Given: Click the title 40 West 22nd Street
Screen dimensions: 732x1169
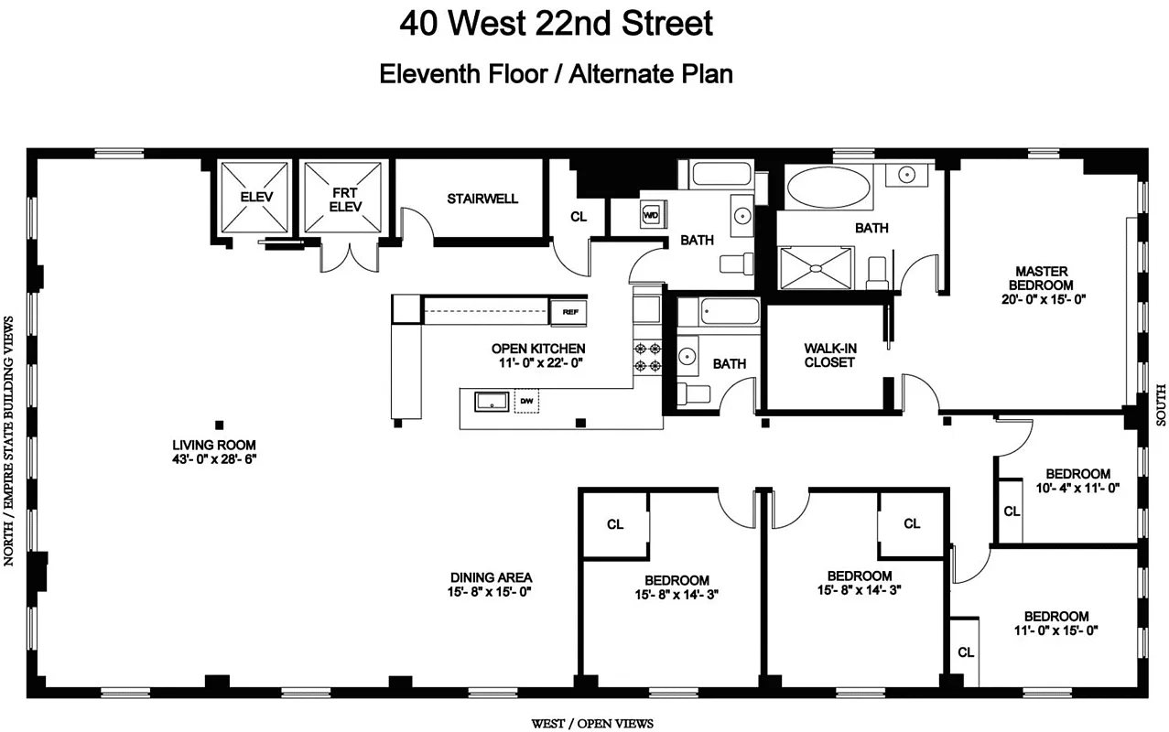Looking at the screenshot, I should click(x=556, y=24).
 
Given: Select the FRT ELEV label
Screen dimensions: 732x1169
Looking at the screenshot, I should click(x=345, y=199).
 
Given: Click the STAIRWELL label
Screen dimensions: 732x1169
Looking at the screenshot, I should click(x=482, y=199).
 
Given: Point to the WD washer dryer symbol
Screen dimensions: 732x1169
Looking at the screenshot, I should click(x=652, y=215).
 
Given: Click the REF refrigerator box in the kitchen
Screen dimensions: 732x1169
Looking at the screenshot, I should click(x=569, y=312).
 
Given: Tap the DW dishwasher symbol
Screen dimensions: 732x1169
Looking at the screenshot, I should click(x=526, y=401).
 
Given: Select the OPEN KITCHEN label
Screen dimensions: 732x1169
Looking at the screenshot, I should click(x=537, y=349).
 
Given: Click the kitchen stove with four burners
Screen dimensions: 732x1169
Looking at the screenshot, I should click(x=648, y=356).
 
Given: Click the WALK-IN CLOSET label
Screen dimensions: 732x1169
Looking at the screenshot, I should click(x=829, y=355).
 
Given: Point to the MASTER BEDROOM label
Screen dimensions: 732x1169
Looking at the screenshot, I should click(x=1041, y=278).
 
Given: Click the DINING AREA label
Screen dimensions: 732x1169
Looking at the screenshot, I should click(x=491, y=577).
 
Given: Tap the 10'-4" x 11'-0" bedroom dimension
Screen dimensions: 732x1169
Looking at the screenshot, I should click(x=1077, y=488).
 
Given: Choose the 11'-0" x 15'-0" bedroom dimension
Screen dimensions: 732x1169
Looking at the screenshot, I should click(x=1055, y=630).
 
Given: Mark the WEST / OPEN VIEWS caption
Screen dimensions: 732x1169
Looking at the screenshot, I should click(x=592, y=724).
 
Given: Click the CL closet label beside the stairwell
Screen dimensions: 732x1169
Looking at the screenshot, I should click(x=578, y=217).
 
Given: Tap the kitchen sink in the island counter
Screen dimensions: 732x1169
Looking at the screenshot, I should click(x=492, y=401).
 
